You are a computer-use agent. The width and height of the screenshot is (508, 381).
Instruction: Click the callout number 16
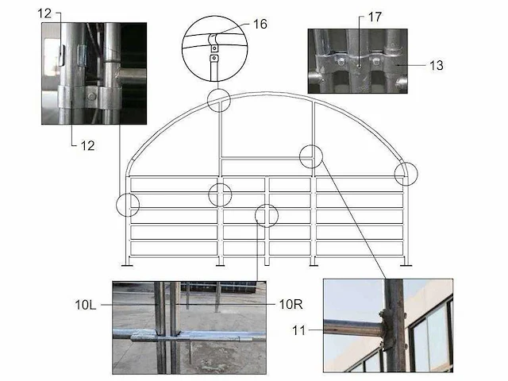260,24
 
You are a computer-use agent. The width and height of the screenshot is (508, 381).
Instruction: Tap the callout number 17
375,17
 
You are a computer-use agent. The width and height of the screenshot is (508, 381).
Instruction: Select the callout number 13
436,65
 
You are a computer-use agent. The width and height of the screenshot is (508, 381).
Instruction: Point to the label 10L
86,305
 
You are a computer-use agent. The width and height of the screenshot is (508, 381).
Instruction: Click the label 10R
291,304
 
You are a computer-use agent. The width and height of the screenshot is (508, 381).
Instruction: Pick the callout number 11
298,330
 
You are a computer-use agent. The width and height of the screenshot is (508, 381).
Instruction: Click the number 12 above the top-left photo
44,13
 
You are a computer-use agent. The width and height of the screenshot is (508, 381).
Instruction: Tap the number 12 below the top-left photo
87,146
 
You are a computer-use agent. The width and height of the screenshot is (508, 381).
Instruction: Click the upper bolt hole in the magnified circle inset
214,48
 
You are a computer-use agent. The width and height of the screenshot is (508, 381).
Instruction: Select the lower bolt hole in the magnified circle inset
214,58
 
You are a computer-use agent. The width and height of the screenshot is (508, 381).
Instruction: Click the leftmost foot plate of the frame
127,266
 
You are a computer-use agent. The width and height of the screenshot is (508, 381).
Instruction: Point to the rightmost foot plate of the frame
406,266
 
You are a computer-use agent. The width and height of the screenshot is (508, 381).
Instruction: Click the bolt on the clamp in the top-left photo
92,96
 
